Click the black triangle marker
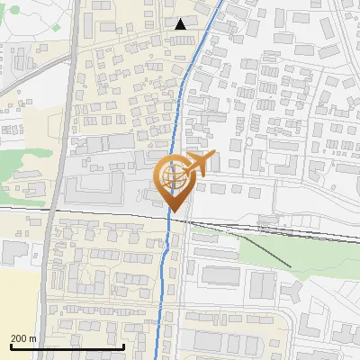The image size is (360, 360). [x=182, y=24]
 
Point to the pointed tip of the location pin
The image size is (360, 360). [x=173, y=211]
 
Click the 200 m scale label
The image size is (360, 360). [x=23, y=338]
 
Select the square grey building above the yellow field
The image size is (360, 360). [x=13, y=251]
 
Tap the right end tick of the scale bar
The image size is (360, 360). [x=123, y=346]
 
